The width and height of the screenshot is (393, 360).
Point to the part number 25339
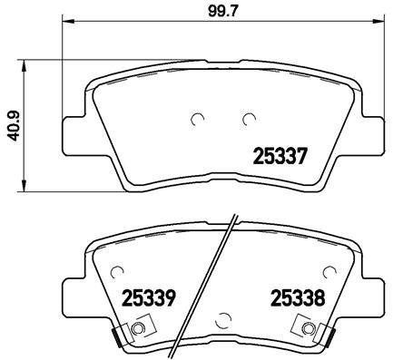click(x=149, y=297)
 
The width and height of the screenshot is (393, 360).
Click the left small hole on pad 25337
click(x=200, y=117)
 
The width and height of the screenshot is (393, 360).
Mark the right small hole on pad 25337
click(x=248, y=117)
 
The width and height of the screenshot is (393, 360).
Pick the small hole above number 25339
click(x=117, y=269)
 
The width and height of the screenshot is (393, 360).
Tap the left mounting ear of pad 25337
click(x=73, y=136)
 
